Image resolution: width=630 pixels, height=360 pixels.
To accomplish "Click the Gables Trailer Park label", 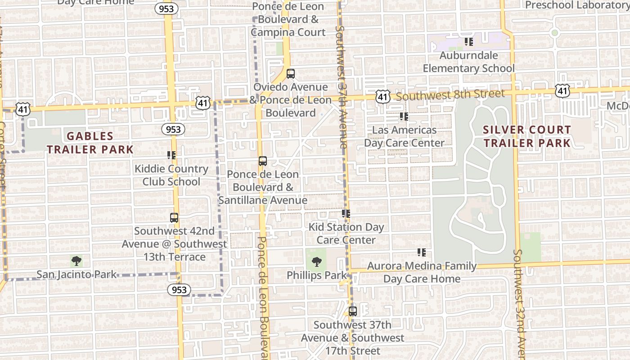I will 90,143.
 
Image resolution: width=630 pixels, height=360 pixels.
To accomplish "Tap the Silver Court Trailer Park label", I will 526,136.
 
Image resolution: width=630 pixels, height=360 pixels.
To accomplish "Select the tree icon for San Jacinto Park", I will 76,261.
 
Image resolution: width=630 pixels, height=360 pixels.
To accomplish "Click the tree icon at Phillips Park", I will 317,262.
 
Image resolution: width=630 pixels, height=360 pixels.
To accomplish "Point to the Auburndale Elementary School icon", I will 469,42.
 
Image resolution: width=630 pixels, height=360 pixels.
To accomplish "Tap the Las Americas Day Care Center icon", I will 404,117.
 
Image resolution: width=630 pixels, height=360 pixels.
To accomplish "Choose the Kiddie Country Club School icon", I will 171,155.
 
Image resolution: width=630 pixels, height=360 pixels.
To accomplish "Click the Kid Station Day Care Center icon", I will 346,213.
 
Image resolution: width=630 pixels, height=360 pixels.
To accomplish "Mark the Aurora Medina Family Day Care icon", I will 422,252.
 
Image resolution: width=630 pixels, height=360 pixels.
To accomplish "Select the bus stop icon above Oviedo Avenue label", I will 291,74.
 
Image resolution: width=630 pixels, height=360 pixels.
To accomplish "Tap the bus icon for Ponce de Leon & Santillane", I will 263,161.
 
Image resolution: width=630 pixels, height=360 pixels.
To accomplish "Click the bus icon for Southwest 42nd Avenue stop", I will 174,218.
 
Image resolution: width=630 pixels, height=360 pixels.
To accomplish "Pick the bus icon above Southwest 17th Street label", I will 353,311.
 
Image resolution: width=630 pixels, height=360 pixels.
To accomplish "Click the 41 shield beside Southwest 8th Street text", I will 382,96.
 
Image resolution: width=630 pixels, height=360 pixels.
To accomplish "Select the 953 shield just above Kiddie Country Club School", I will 173,130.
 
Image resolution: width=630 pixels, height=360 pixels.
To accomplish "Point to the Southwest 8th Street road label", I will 450,94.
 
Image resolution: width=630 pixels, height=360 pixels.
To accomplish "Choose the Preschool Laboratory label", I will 577,5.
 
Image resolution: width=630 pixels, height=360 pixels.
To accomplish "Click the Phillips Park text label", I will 317,275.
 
